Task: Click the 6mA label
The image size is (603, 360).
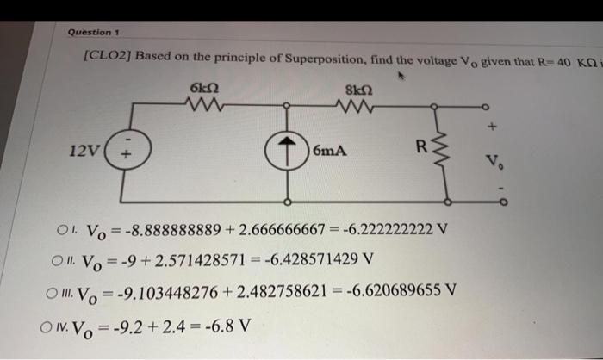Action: coord(330,152)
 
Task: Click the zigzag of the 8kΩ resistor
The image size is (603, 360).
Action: coord(356,108)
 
